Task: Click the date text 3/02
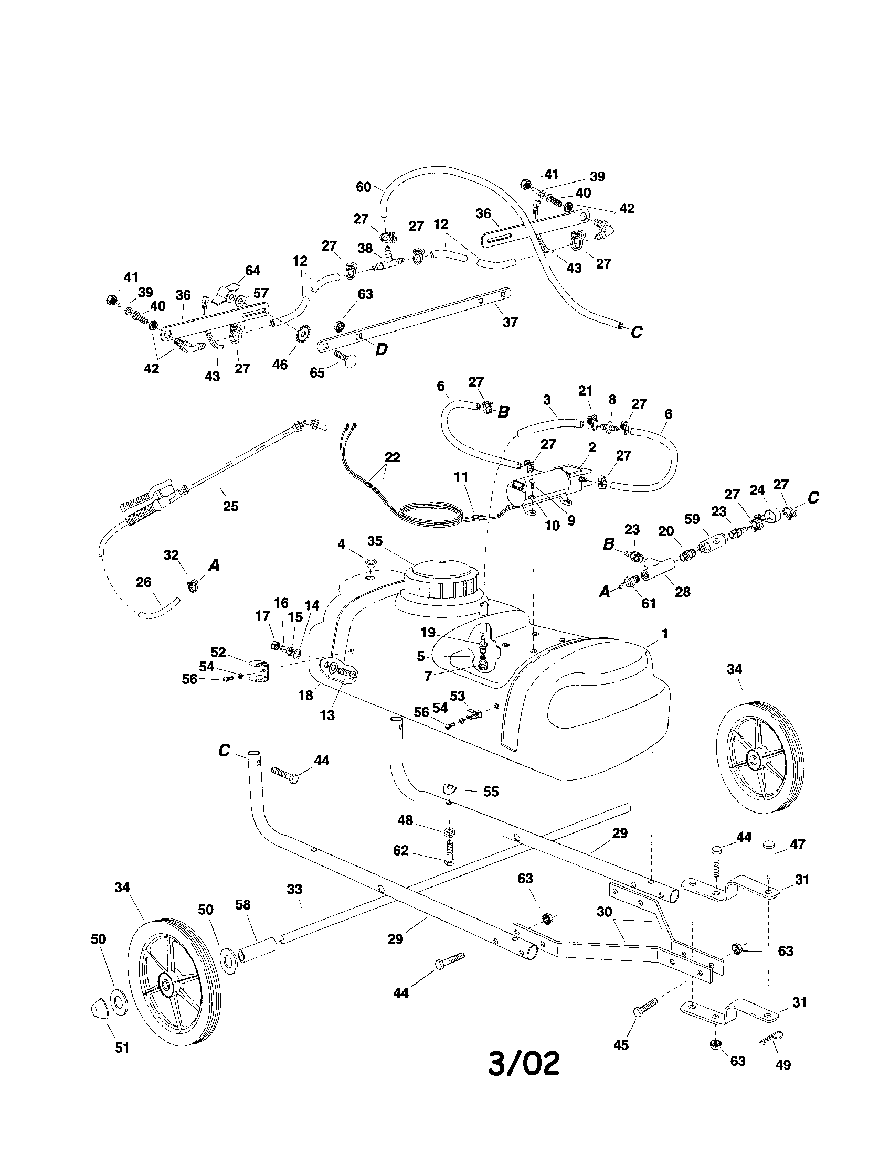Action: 523,1063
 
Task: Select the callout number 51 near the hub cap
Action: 122,1048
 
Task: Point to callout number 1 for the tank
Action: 665,634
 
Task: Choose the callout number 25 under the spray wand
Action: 231,506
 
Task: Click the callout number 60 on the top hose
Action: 364,187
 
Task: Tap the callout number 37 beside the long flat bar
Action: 510,322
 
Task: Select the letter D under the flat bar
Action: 381,349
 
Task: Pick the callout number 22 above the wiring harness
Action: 393,457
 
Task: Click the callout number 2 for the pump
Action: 592,447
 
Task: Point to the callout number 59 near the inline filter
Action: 692,519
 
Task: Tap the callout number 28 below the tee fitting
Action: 683,592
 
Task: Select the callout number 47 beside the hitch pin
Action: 798,845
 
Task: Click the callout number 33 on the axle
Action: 294,889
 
